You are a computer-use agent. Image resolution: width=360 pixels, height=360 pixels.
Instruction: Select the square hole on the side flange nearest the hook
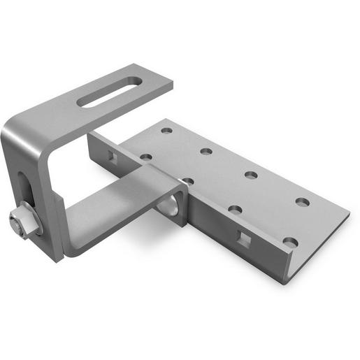click(110, 154)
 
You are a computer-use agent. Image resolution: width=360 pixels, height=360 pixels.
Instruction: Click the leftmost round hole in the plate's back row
click(166, 130)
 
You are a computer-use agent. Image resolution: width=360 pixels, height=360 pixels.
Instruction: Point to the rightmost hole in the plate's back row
click(302, 202)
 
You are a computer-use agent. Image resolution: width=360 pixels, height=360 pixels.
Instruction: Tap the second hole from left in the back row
click(206, 151)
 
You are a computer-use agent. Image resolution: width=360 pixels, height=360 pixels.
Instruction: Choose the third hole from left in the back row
click(251, 175)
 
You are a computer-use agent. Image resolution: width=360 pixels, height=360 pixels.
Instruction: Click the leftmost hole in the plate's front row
click(145, 157)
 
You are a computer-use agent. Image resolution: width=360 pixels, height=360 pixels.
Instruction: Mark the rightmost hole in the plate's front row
click(290, 242)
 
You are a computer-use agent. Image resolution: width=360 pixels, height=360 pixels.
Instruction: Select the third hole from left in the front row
click(235, 209)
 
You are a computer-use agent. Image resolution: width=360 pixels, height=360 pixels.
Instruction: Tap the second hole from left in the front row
click(187, 181)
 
